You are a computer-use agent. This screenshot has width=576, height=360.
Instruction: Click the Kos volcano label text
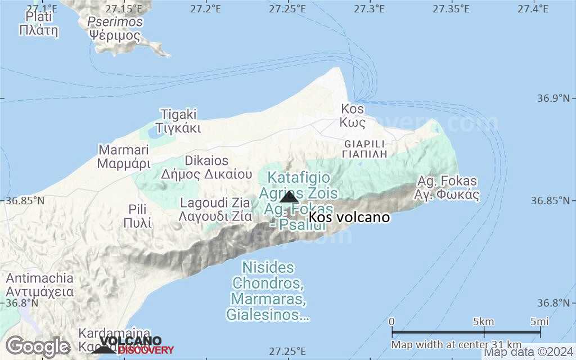349,218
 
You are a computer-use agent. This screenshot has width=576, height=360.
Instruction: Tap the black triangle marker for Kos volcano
289,197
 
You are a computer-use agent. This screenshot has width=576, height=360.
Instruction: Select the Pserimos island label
115,29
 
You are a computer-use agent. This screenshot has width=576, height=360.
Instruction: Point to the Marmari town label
124,157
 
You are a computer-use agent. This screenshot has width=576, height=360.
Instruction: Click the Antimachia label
39,285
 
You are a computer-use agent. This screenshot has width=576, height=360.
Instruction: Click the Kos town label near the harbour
353,115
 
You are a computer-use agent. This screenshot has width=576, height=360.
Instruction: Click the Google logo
38,346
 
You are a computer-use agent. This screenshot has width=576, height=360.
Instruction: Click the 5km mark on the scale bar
483,322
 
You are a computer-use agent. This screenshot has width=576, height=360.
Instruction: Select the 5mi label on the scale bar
539,322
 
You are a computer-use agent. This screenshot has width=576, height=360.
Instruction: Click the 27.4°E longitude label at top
534,8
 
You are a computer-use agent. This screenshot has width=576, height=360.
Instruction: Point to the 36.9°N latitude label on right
552,98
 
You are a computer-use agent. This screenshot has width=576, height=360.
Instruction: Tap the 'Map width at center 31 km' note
456,344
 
